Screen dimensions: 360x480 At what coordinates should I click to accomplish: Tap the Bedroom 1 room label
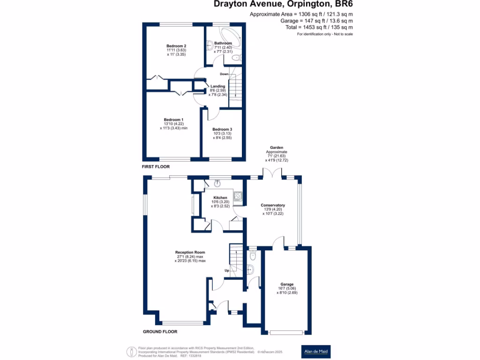pyautogui.click(x=173, y=120)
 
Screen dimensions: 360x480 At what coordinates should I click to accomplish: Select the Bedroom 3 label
pyautogui.click(x=222, y=129)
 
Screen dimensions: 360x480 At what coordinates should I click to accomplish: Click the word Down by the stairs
pyautogui.click(x=224, y=74)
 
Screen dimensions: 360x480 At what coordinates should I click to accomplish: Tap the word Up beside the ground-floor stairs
pyautogui.click(x=227, y=271)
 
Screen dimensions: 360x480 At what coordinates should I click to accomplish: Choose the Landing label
pyautogui.click(x=218, y=86)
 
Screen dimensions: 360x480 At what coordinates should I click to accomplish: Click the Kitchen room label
pyautogui.click(x=220, y=198)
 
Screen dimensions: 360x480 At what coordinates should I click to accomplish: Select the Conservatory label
pyautogui.click(x=273, y=205)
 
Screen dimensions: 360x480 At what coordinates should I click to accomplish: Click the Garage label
pyautogui.click(x=287, y=285)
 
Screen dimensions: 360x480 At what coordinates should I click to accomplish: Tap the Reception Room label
pyautogui.click(x=190, y=252)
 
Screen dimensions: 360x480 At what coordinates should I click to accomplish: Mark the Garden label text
pyautogui.click(x=277, y=148)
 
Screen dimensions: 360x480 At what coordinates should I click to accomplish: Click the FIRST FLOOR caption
pyautogui.click(x=156, y=167)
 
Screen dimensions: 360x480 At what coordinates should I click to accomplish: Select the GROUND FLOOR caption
pyautogui.click(x=160, y=331)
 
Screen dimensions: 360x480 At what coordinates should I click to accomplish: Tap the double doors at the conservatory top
pyautogui.click(x=272, y=173)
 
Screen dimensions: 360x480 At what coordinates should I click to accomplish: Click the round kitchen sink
pyautogui.click(x=217, y=184)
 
